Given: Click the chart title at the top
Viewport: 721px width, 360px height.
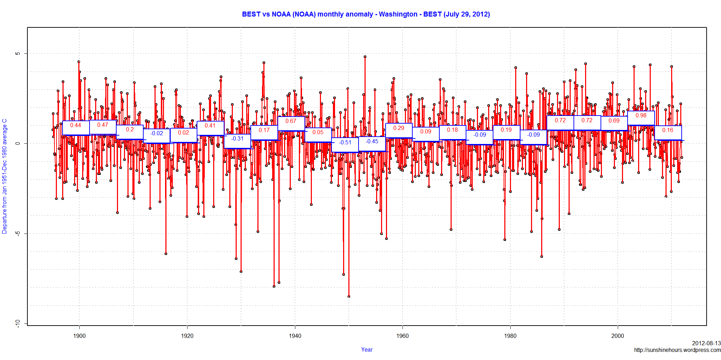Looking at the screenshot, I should [366, 14].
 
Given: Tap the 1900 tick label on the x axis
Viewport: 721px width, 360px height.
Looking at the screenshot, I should [79, 336].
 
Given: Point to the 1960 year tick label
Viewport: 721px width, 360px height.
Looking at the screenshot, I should [402, 336].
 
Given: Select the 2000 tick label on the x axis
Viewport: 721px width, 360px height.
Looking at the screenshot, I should [618, 336].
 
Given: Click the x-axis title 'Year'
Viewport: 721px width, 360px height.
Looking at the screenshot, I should [367, 349].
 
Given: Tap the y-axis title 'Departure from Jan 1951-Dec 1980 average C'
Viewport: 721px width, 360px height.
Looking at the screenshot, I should [5, 176].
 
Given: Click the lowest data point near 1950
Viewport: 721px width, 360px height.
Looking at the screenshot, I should [349, 296].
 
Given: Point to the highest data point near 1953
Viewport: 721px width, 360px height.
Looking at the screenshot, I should [365, 57].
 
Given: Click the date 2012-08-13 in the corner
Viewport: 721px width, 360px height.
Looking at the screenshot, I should [706, 343].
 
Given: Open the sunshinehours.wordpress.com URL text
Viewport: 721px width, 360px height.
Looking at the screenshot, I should [677, 350].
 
